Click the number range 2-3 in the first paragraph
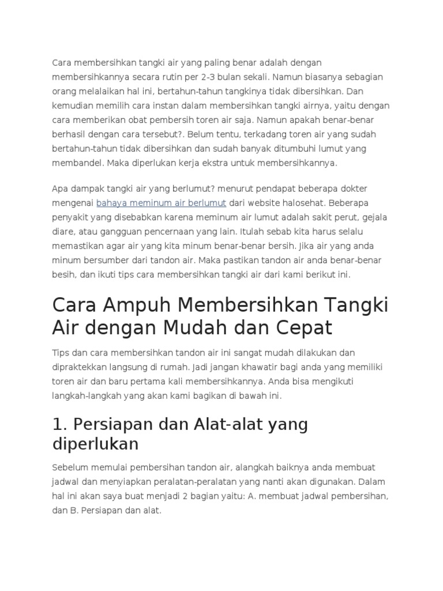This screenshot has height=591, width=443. click(215, 77)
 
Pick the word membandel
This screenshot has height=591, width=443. click(77, 163)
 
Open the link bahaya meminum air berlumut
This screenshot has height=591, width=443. click(161, 203)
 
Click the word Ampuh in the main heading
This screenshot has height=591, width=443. click(133, 304)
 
